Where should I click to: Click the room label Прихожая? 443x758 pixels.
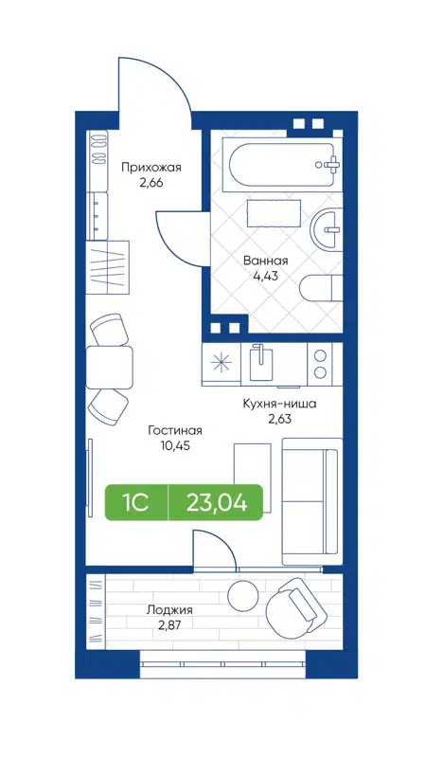[151, 168]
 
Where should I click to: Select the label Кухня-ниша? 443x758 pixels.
[277, 404]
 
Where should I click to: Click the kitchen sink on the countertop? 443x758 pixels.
[260, 362]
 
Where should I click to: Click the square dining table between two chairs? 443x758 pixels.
[109, 368]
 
